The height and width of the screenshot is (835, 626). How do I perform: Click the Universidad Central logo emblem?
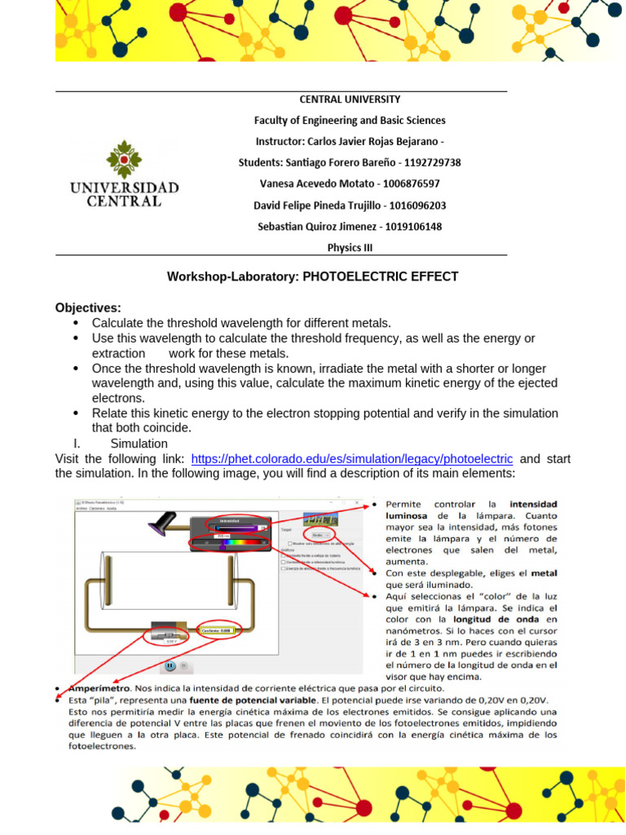point(124,158)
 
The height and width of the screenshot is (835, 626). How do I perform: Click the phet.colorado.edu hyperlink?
point(351,459)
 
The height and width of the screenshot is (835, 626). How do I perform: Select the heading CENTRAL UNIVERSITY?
point(350,99)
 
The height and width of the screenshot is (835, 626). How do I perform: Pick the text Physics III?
point(350,247)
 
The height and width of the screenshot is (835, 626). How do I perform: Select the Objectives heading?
point(87,307)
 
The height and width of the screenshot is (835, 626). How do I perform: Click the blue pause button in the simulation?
point(170,665)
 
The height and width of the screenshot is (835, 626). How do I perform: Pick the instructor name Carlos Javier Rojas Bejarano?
point(367,141)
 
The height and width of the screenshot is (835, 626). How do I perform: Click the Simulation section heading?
point(139,444)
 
